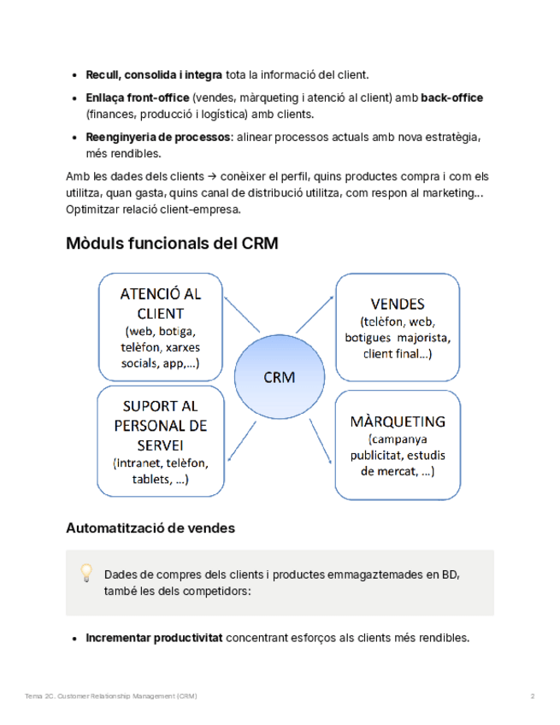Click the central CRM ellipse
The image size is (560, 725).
click(x=280, y=377)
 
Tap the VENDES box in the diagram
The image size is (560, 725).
click(x=398, y=327)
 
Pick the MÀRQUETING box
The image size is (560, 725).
click(x=398, y=445)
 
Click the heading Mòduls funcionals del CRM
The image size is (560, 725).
click(x=172, y=244)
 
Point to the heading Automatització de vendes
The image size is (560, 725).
click(x=150, y=528)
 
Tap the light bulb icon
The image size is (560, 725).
click(x=86, y=572)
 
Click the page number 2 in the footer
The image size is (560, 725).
click(x=533, y=697)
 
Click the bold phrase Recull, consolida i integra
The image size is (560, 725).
click(x=154, y=75)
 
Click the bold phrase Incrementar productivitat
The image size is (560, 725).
click(x=154, y=638)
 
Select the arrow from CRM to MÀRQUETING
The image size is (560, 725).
click(x=320, y=440)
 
